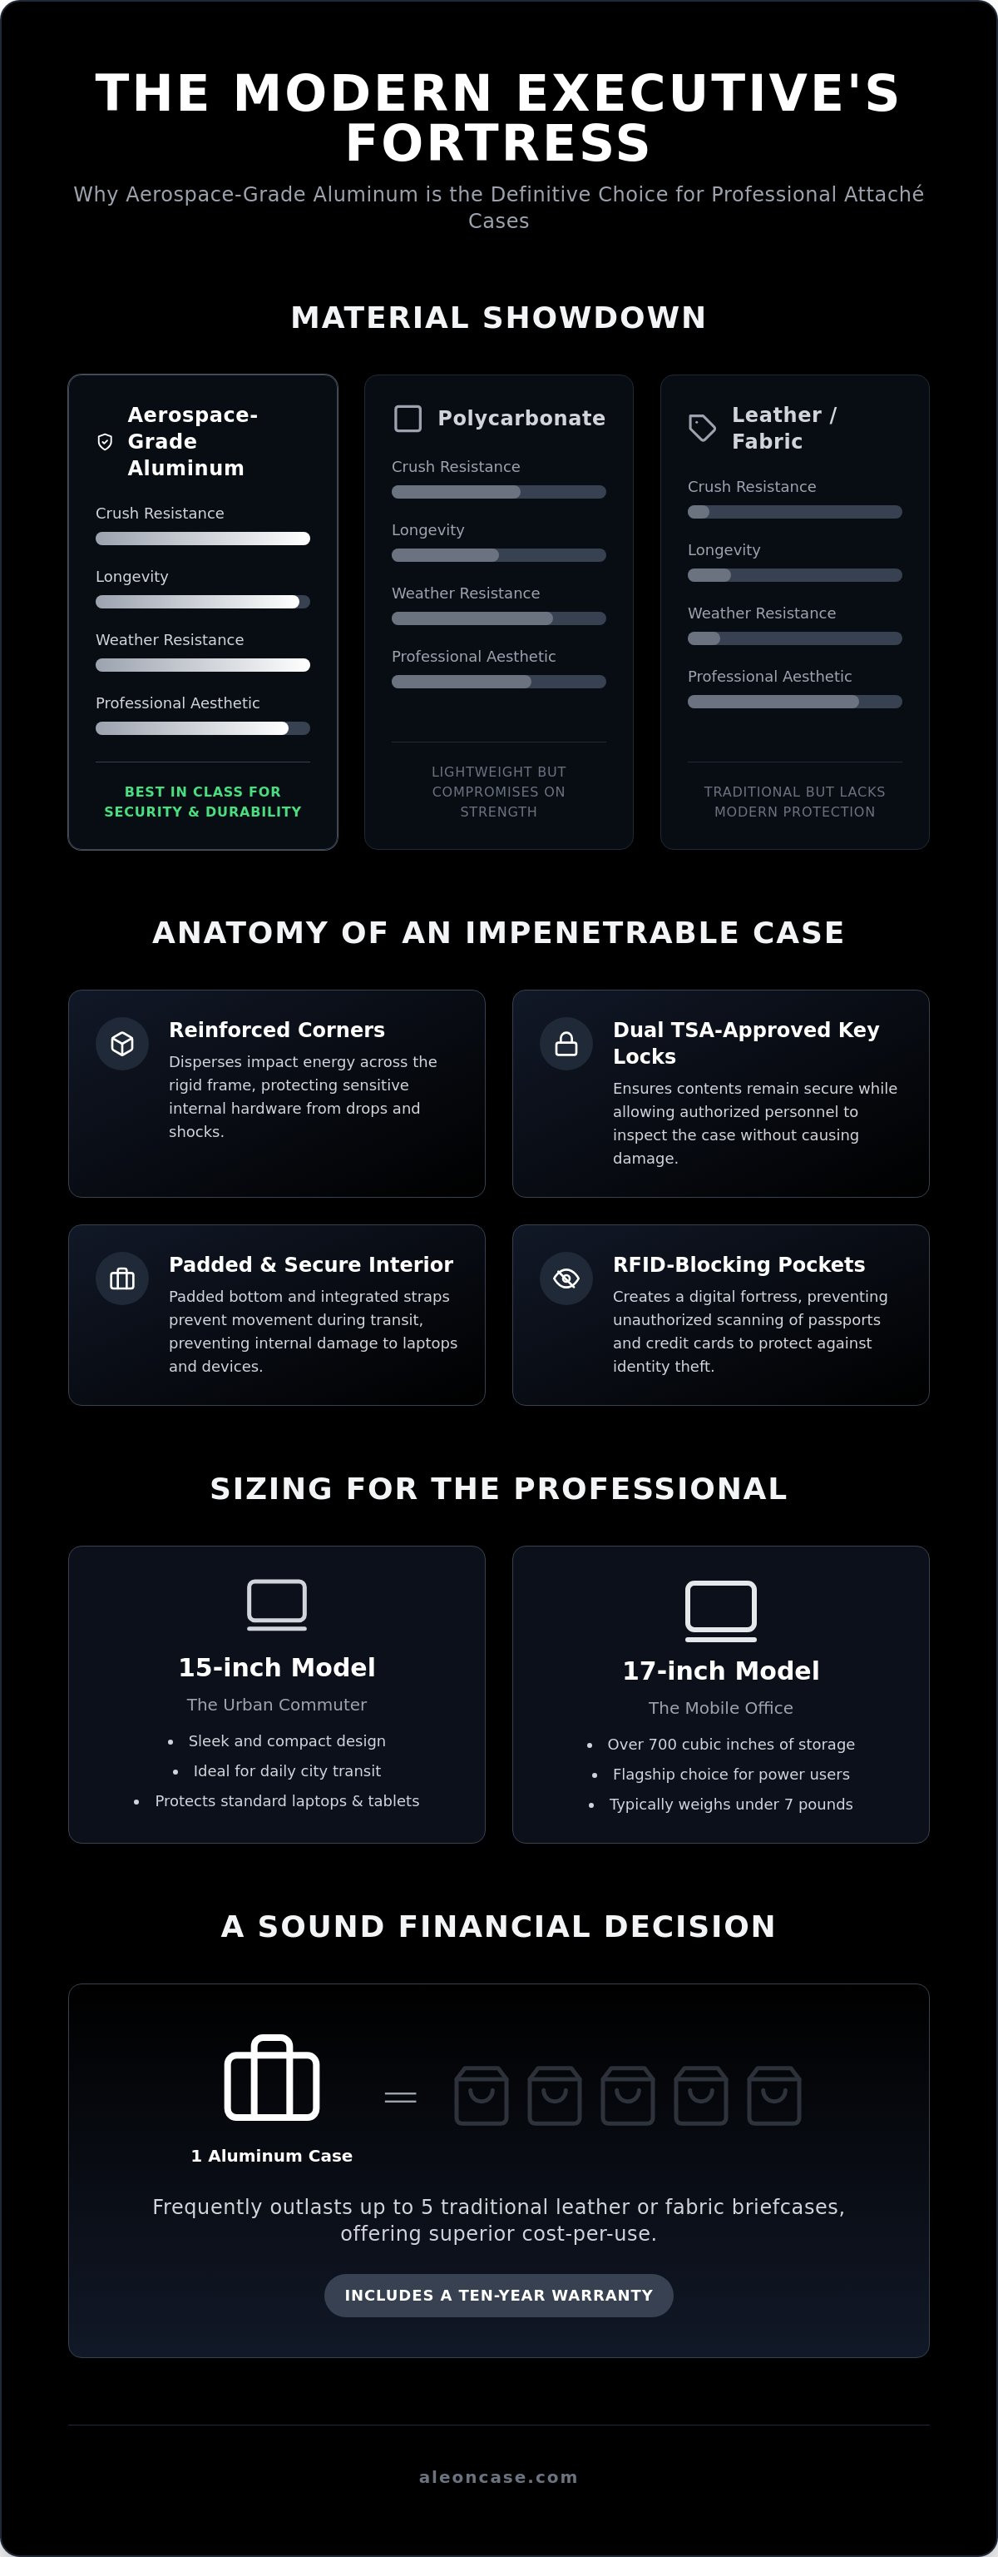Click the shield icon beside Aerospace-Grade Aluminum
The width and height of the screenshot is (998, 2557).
coord(105,442)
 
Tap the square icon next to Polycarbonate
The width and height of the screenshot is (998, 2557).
coord(408,418)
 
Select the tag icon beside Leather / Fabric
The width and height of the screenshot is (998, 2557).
coord(703,428)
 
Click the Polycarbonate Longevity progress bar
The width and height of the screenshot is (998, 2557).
coord(498,555)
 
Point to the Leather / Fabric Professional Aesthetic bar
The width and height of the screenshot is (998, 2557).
coord(794,702)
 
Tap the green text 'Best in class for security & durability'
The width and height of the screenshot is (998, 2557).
coord(202,801)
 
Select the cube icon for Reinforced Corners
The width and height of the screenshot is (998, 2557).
coord(122,1043)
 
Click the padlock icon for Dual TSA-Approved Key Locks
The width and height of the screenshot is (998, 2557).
coord(566,1043)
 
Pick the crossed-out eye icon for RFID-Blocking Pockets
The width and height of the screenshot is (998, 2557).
coord(566,1278)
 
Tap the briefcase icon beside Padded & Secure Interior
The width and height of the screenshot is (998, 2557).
coord(122,1278)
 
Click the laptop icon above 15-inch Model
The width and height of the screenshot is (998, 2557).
coord(277,1604)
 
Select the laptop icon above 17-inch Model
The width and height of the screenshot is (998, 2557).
coord(721,1610)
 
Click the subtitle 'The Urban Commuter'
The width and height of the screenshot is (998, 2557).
coord(277,1705)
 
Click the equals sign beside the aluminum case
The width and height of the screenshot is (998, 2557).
coord(401,2098)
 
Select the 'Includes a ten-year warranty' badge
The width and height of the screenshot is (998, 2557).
coord(499,2295)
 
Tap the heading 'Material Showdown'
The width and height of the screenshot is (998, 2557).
coord(499,318)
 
